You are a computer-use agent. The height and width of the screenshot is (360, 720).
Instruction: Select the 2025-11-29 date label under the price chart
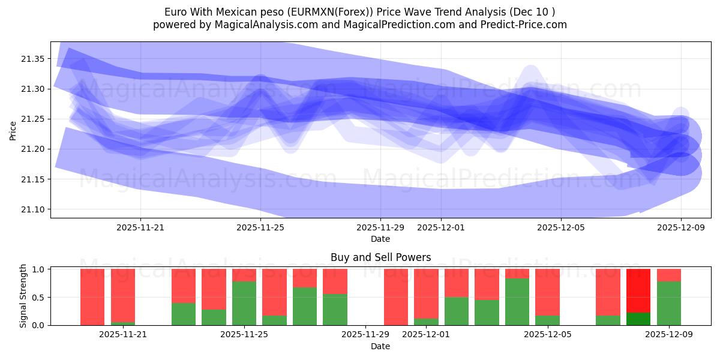(380, 228)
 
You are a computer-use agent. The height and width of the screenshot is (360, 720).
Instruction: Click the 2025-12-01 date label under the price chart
(441, 228)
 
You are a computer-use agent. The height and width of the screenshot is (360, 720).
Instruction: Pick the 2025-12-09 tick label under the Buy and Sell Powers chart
(669, 335)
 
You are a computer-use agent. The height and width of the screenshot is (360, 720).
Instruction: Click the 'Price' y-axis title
(13, 131)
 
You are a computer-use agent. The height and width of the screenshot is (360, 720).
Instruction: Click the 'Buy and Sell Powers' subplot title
(380, 257)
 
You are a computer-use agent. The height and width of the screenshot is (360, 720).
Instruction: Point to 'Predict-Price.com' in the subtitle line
(525, 25)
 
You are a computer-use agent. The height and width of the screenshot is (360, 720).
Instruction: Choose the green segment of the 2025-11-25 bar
(244, 303)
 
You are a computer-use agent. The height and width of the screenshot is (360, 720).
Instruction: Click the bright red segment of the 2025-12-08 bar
(638, 290)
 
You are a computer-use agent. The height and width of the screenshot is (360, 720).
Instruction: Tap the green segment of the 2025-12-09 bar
(669, 303)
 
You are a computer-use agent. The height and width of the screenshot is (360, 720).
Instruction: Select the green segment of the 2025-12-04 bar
(517, 301)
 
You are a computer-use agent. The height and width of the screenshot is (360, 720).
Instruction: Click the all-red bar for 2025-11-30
(396, 297)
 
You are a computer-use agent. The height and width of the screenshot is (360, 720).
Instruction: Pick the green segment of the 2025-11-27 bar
(305, 306)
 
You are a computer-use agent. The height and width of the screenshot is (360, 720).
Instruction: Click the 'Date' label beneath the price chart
(380, 239)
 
